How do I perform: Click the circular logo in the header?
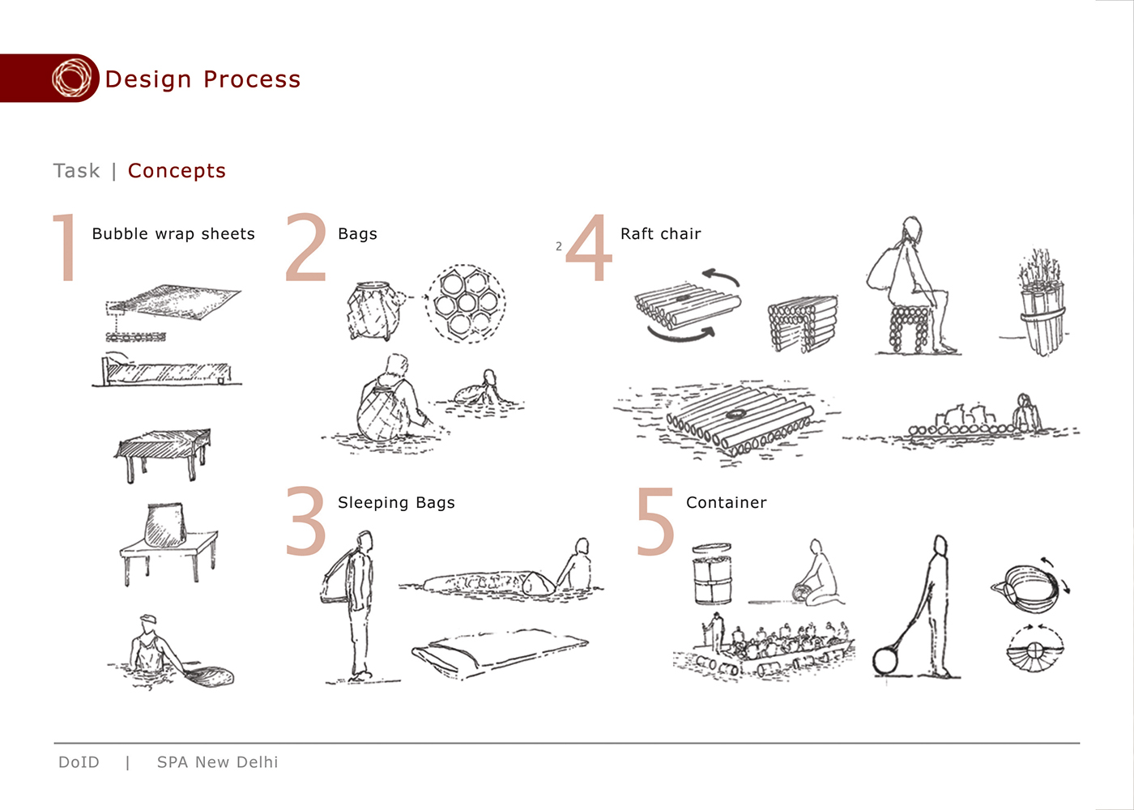(x=71, y=78)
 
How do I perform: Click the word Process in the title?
(x=252, y=79)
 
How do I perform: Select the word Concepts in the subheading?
(x=177, y=171)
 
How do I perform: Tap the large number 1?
(x=66, y=247)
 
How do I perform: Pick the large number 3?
(x=306, y=520)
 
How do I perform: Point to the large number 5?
(x=655, y=521)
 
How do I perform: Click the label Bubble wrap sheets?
(x=173, y=234)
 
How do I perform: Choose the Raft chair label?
(x=661, y=234)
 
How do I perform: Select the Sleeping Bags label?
(x=396, y=503)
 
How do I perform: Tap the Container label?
(x=727, y=503)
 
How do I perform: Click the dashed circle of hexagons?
(x=466, y=303)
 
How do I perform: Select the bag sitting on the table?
(x=165, y=526)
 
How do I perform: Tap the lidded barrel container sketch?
(x=712, y=573)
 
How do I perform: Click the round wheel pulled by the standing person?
(x=885, y=661)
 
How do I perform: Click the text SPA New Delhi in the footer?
(x=218, y=762)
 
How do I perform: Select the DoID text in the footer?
(x=79, y=762)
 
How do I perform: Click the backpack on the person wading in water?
(x=382, y=411)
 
